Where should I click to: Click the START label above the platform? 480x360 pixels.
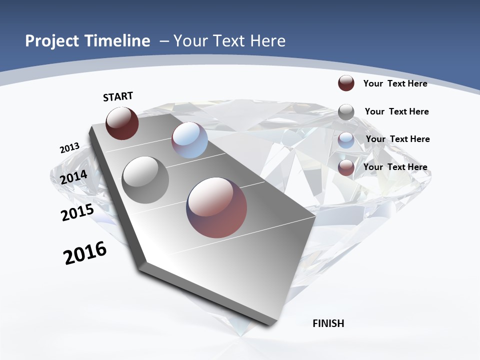(118, 96)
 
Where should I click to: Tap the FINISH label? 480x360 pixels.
(328, 323)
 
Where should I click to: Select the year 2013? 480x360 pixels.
(69, 148)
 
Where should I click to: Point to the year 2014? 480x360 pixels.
(74, 177)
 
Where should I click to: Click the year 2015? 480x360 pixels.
(77, 212)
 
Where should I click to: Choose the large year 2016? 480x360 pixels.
(85, 253)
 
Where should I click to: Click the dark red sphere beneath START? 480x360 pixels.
(122, 123)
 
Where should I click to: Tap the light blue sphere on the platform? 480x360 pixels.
(189, 140)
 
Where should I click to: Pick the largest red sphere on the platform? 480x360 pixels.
(216, 207)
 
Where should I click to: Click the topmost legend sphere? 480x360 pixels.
(346, 83)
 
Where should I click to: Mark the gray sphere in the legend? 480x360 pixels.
(346, 111)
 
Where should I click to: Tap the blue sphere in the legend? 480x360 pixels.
(346, 140)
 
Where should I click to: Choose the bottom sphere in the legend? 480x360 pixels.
(346, 168)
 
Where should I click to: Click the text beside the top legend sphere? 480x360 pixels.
(395, 83)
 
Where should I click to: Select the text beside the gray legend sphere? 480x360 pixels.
(396, 111)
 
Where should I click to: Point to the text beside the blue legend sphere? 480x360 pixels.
(397, 139)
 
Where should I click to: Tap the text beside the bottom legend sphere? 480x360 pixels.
(395, 167)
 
